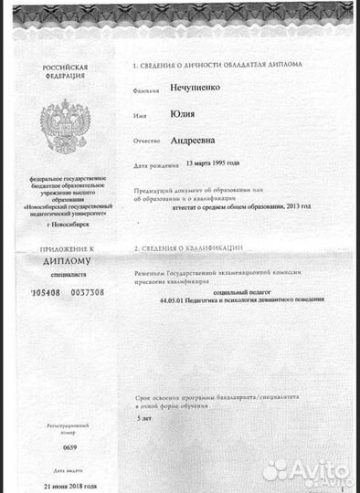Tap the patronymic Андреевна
point(196,142)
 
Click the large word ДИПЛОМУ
point(65,259)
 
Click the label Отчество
point(146,142)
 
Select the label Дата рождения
point(154,167)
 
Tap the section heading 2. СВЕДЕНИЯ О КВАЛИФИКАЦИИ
point(190,248)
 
